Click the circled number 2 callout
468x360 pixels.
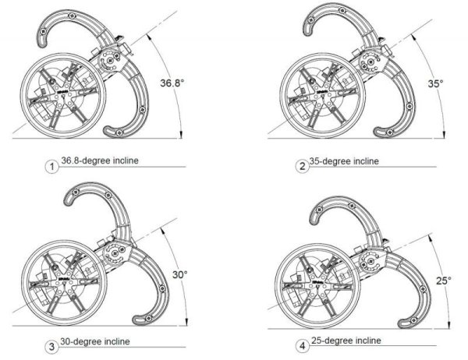click(x=300, y=165)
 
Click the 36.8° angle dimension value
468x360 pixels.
click(x=174, y=83)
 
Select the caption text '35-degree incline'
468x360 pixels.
click(x=344, y=161)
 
